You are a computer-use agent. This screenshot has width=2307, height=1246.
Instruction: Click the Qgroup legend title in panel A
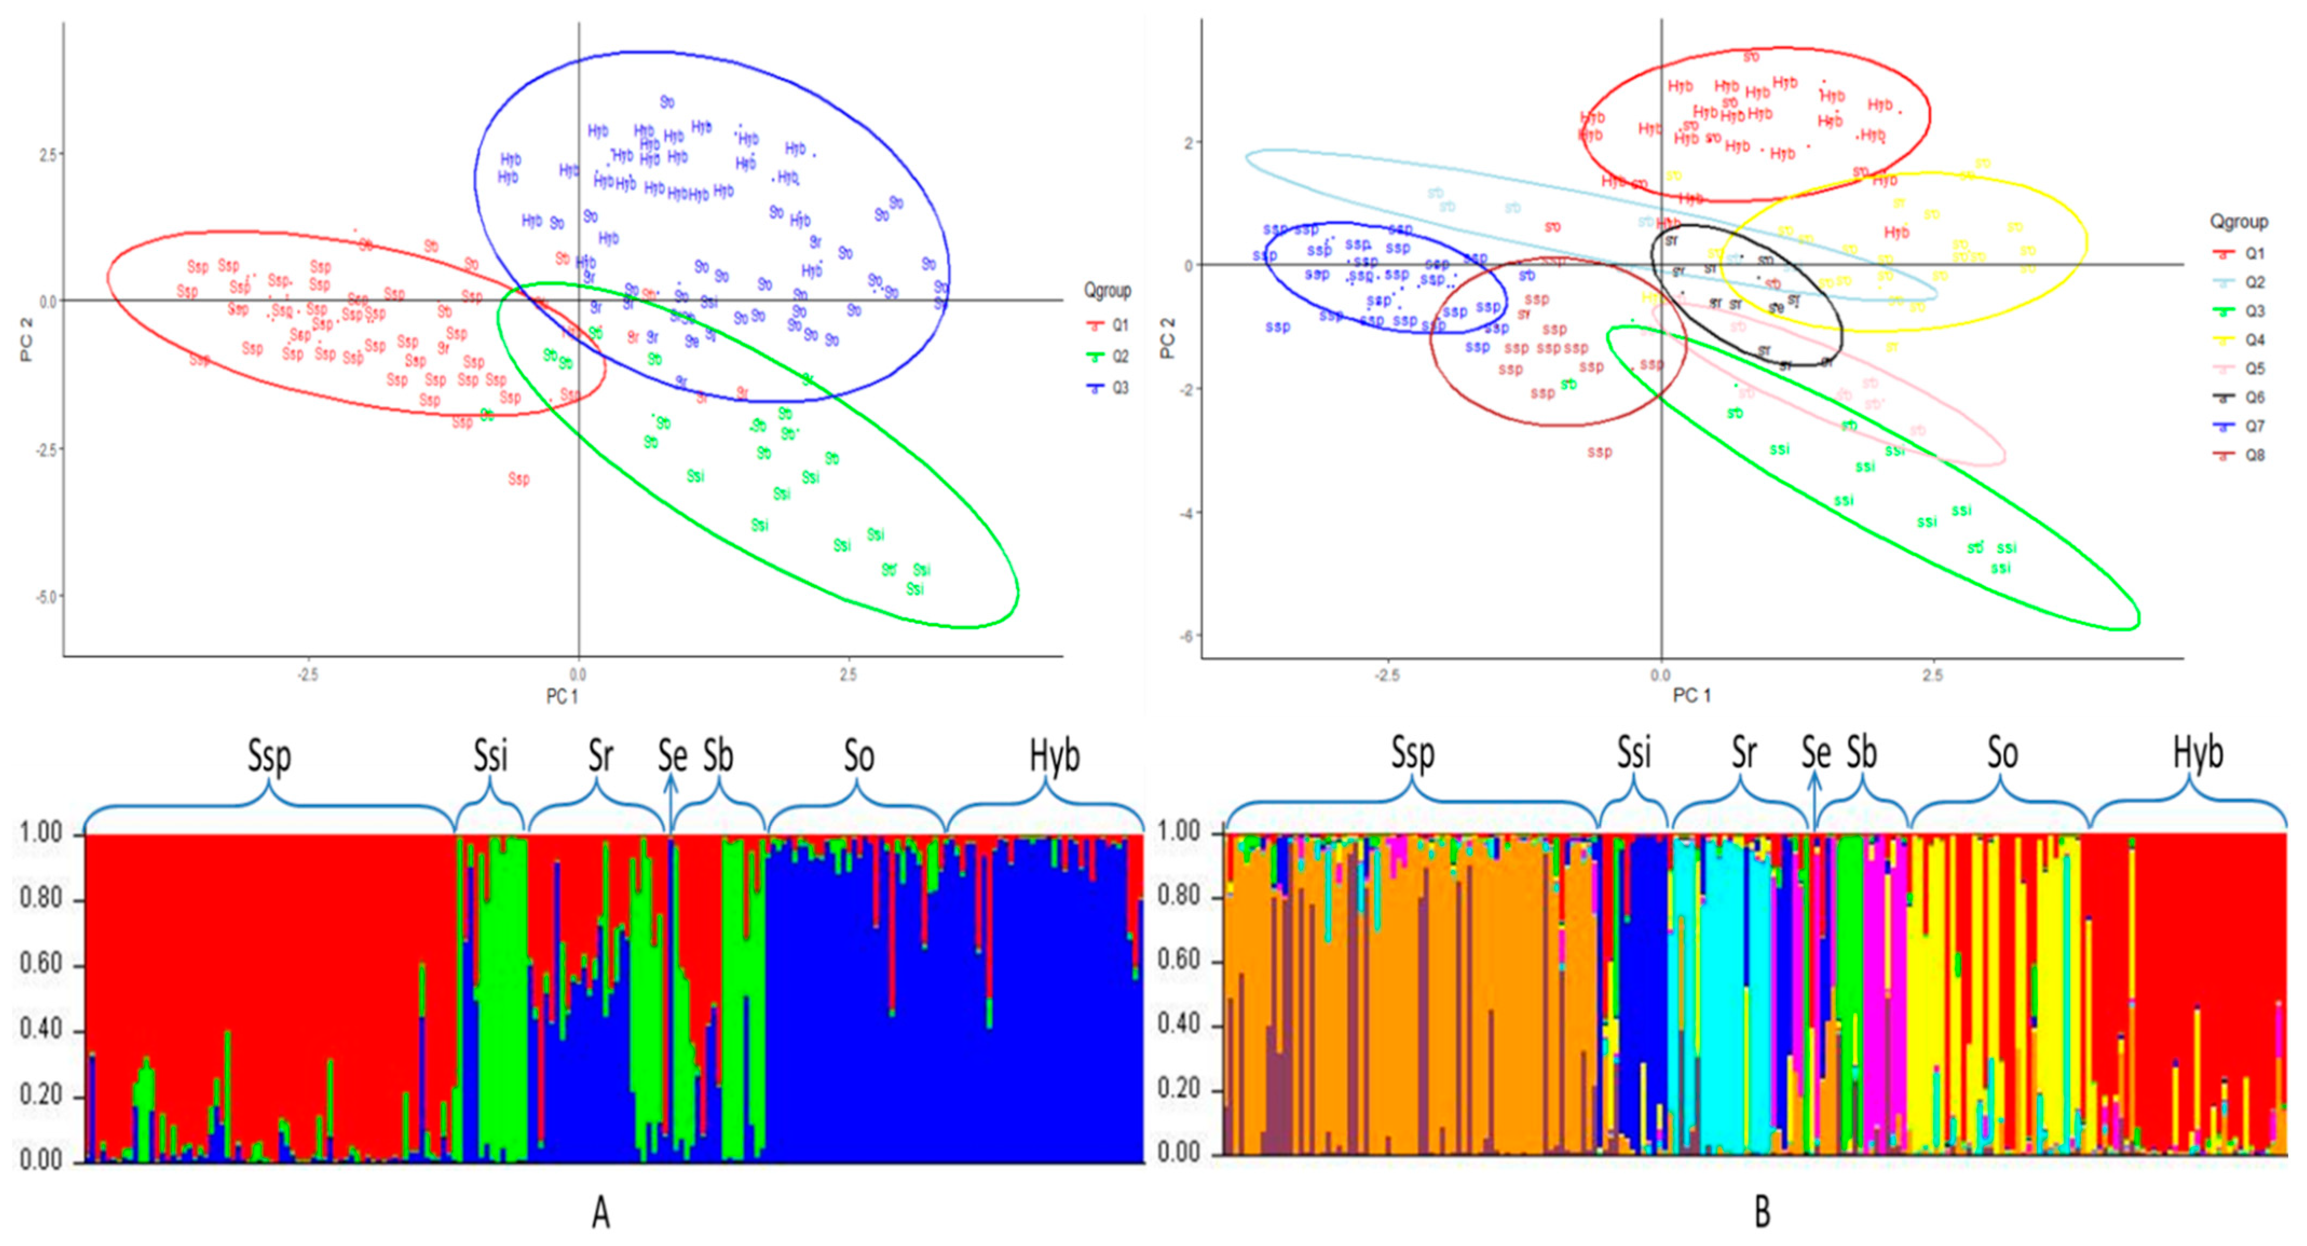pyautogui.click(x=1107, y=290)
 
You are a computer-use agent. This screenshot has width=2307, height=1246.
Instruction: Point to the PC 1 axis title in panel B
pyautogui.click(x=1692, y=695)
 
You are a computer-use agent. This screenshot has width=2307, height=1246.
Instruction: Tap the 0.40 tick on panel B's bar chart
pyautogui.click(x=1178, y=1025)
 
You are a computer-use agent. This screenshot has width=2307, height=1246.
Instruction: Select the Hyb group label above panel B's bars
pyautogui.click(x=2197, y=753)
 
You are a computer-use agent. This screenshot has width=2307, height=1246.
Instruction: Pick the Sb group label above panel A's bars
pyautogui.click(x=718, y=757)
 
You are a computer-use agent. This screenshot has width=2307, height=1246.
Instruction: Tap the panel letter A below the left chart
pyautogui.click(x=601, y=1213)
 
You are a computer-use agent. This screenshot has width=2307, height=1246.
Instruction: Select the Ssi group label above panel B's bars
pyautogui.click(x=1634, y=753)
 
